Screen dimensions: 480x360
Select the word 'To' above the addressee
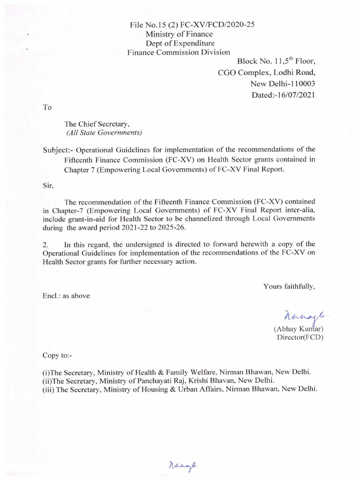(x=47, y=107)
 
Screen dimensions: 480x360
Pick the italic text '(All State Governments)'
(x=103, y=133)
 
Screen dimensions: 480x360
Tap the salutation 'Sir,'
(x=48, y=185)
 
